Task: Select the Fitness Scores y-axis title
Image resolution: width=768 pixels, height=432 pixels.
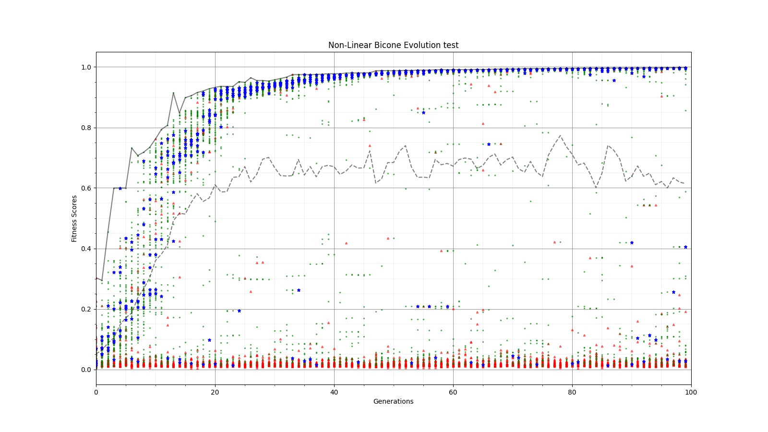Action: point(74,218)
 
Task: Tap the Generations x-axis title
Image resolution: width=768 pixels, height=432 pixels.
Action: point(393,401)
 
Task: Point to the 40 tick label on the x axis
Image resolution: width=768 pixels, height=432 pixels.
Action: point(334,392)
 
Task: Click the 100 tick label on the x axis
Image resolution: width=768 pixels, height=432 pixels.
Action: point(691,392)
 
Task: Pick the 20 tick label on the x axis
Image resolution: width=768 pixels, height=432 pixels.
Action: point(215,392)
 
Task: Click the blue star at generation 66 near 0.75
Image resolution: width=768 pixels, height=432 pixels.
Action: point(489,144)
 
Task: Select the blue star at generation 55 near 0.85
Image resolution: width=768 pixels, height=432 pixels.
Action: point(423,112)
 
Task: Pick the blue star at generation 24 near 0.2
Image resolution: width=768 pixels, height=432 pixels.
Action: point(239,311)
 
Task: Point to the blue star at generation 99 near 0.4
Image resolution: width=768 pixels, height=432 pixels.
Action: point(685,247)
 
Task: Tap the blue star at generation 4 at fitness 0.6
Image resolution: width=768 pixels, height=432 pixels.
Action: point(120,188)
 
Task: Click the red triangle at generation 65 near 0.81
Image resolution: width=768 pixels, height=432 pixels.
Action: point(483,124)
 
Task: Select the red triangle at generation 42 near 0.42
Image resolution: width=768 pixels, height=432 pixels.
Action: point(346,243)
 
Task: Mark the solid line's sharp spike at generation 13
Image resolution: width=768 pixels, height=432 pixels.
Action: point(173,93)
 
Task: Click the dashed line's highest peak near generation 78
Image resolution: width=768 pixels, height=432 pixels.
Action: point(560,135)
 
